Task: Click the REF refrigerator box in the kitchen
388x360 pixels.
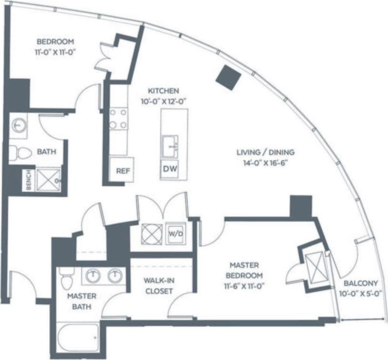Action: coord(122,170)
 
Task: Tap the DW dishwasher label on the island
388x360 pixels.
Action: coord(169,169)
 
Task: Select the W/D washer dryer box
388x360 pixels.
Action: coord(175,233)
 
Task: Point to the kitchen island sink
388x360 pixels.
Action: coord(170,144)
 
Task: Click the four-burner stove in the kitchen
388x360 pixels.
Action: coord(118,119)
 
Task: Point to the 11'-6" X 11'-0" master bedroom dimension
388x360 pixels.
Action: coord(244,286)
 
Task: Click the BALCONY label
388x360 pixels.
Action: coord(361,283)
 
